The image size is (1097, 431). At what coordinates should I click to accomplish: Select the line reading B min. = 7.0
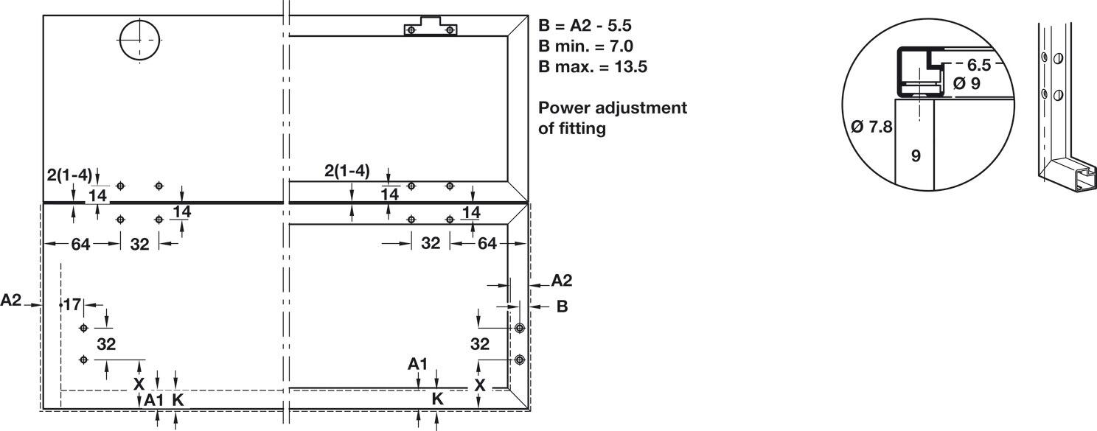click(585, 46)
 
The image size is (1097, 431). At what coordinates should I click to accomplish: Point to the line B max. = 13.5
click(593, 66)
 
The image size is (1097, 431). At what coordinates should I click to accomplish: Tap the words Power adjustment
click(612, 108)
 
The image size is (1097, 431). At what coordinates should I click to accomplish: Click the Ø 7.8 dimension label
click(871, 127)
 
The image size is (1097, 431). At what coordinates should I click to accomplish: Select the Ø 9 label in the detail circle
click(967, 84)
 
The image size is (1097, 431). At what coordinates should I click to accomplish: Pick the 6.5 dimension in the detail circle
click(978, 65)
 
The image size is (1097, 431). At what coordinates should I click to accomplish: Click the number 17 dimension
click(72, 305)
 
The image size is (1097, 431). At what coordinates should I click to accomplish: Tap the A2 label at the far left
click(11, 300)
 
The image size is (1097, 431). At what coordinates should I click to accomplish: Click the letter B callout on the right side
click(563, 306)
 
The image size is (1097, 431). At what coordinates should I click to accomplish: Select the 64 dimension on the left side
click(81, 244)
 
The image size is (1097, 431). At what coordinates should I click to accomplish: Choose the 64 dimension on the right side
click(487, 243)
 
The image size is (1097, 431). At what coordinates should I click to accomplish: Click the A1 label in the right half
click(418, 364)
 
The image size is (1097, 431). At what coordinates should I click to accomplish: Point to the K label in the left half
click(178, 400)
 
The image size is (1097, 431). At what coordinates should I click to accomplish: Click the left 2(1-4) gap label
click(69, 175)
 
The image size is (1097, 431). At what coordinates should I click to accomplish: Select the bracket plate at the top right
click(431, 27)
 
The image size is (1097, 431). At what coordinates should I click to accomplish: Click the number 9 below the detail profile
click(916, 155)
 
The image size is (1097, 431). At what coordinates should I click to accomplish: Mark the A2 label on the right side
click(562, 280)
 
